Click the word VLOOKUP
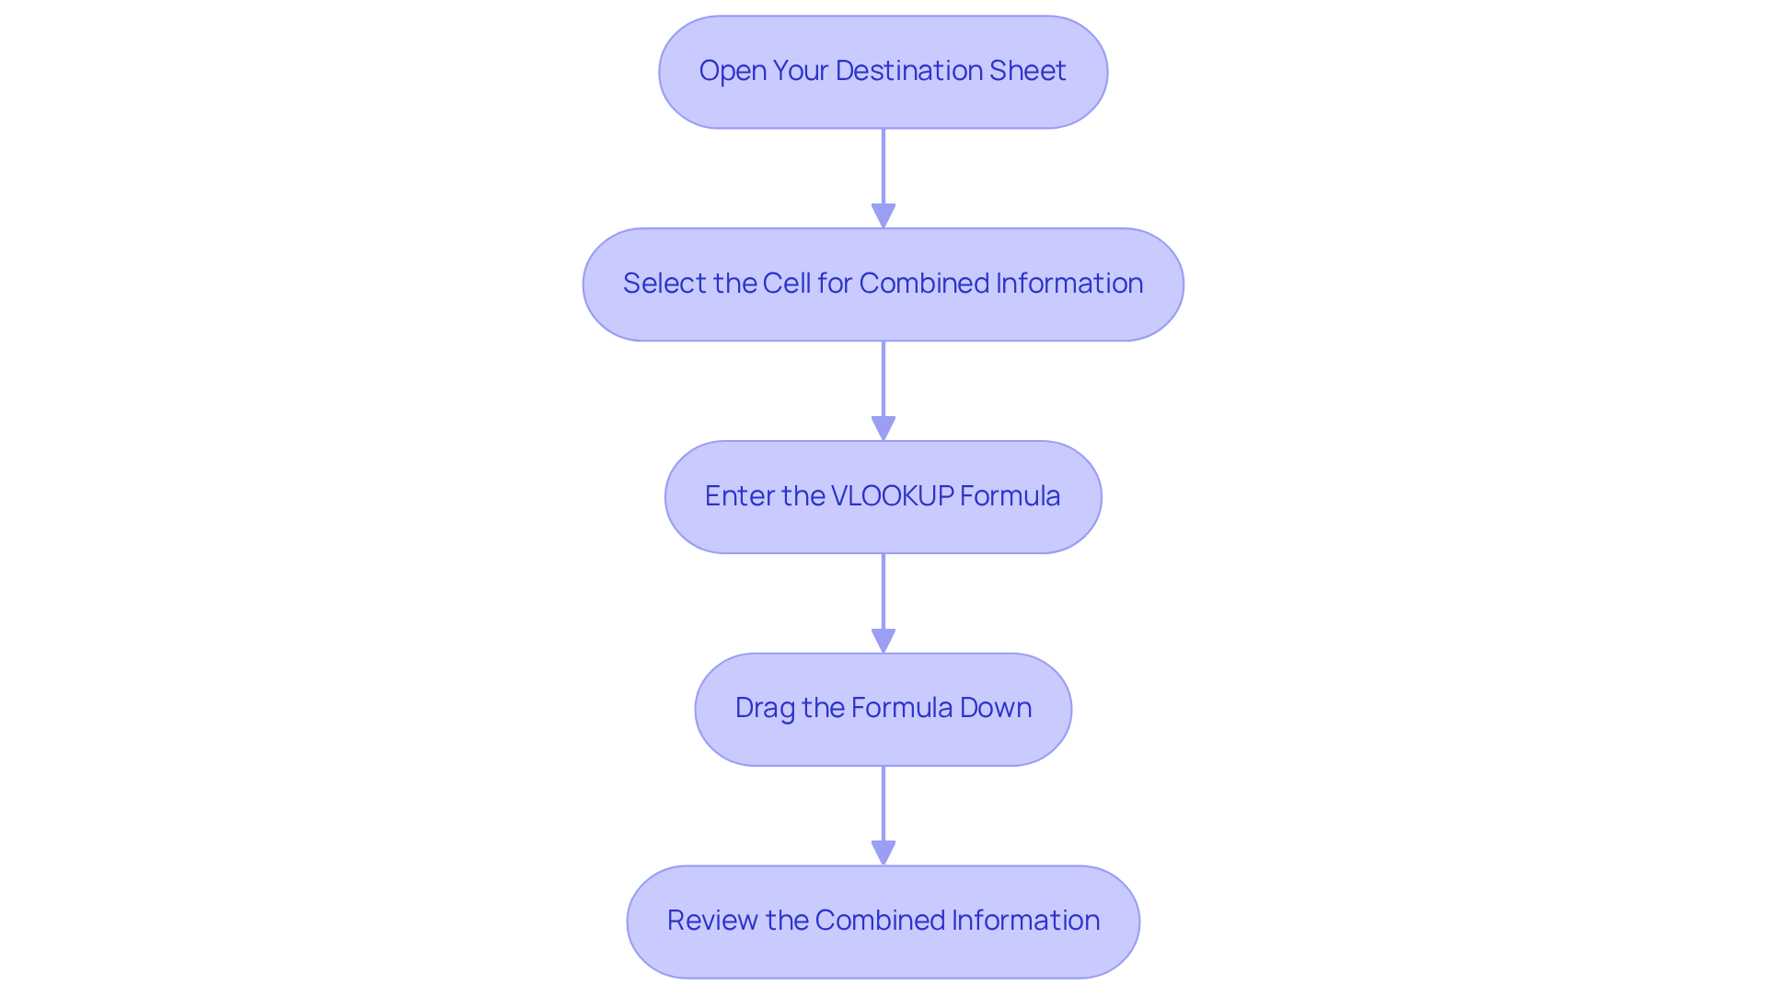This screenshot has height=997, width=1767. click(892, 496)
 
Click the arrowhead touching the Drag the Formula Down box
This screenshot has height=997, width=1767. click(883, 642)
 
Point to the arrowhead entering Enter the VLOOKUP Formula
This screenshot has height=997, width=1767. click(883, 429)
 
